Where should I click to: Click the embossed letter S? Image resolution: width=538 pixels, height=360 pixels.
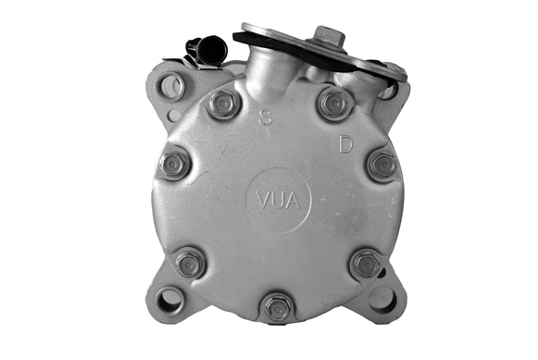click(265, 118)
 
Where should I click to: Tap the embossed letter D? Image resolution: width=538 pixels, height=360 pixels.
click(345, 144)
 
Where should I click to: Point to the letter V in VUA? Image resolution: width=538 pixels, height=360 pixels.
click(264, 201)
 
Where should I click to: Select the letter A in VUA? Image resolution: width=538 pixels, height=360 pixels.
click(293, 201)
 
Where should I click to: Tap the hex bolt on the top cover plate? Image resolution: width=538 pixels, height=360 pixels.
click(330, 35)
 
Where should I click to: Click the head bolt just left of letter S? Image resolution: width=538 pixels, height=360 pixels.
click(222, 104)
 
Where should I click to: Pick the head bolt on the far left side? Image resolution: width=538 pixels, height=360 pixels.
click(173, 166)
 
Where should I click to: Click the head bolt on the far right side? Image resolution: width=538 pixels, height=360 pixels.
click(382, 165)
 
